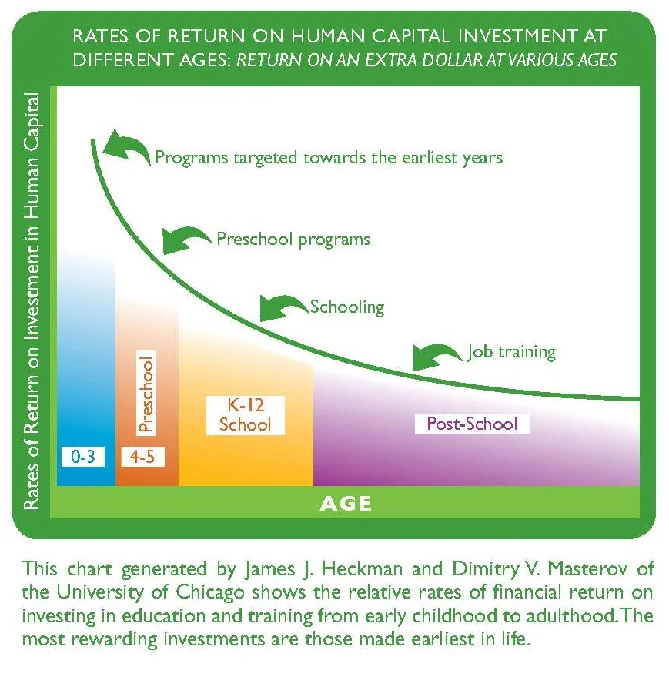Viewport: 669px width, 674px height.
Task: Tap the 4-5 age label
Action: [x=142, y=456]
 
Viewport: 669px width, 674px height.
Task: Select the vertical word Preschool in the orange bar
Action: [x=146, y=392]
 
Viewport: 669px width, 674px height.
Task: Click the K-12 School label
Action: [x=245, y=414]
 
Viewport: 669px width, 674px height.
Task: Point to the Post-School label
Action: [x=472, y=424]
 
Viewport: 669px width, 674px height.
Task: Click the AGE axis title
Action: [x=346, y=504]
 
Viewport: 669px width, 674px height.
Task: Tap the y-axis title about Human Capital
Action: [x=31, y=300]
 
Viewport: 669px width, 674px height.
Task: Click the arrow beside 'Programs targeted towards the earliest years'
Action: [x=126, y=147]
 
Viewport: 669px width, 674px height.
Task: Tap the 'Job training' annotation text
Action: [x=511, y=352]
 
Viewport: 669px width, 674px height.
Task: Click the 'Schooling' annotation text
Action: [x=346, y=307]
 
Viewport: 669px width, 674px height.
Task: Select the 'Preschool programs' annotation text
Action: [x=293, y=239]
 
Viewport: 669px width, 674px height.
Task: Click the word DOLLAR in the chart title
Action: [x=432, y=59]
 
